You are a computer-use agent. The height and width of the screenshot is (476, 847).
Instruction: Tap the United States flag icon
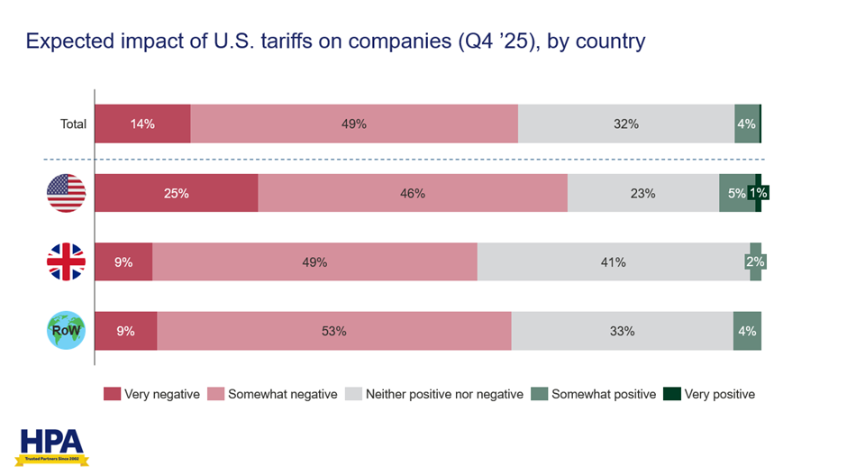(x=66, y=193)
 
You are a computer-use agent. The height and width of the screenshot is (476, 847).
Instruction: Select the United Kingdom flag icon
(x=66, y=262)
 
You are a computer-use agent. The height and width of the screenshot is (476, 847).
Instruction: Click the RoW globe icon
(x=66, y=331)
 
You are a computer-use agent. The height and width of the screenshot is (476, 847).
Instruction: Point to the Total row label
(x=73, y=124)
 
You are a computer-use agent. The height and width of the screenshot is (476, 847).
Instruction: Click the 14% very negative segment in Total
(x=142, y=124)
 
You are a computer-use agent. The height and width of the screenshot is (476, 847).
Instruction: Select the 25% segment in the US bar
(x=176, y=193)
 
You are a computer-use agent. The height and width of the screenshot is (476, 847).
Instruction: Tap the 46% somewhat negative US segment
(x=413, y=193)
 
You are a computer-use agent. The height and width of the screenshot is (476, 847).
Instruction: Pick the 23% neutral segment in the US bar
(x=643, y=193)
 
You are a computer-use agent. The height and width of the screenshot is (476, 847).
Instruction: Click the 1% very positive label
(x=762, y=193)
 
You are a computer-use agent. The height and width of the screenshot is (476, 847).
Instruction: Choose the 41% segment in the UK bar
(x=614, y=262)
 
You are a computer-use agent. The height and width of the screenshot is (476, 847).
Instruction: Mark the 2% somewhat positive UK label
(x=756, y=262)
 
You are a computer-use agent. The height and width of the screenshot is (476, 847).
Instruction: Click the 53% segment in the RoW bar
(x=334, y=331)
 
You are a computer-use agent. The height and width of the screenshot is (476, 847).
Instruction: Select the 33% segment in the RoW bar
(x=622, y=331)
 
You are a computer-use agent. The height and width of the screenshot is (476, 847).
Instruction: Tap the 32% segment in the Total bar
(x=626, y=124)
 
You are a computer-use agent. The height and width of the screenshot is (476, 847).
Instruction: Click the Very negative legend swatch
(x=112, y=394)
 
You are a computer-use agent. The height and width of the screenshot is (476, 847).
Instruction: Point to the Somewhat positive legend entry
(x=594, y=394)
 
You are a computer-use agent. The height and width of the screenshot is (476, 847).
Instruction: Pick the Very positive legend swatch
(x=671, y=394)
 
